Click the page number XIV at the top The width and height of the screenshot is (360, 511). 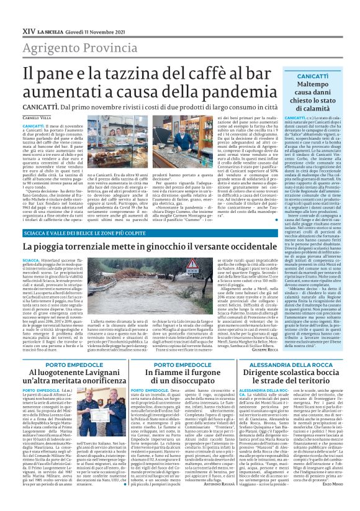[29, 12]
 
